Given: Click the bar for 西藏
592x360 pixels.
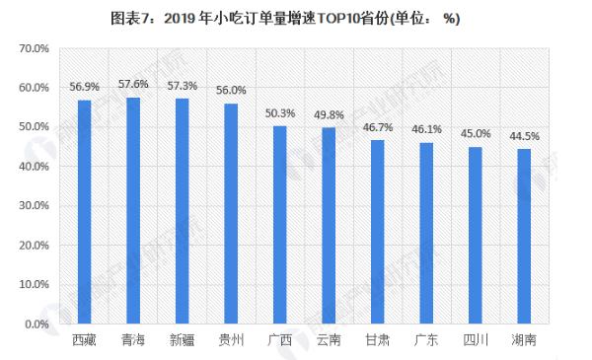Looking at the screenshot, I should [x=85, y=211].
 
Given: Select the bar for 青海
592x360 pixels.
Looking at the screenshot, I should [x=133, y=210].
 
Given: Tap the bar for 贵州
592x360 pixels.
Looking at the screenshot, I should [x=231, y=213].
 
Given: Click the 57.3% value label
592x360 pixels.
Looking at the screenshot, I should [x=183, y=88].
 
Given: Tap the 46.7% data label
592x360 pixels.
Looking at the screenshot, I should [x=377, y=128].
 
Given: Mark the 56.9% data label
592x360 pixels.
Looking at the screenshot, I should [x=85, y=86].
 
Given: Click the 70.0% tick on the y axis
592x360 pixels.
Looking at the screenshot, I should [x=35, y=48].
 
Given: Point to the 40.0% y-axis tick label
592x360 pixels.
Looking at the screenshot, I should [x=35, y=166].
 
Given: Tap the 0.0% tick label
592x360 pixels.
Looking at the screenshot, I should [x=37, y=324].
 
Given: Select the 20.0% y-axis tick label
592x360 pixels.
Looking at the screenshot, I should [x=35, y=245].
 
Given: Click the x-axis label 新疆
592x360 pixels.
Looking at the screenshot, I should [x=183, y=340].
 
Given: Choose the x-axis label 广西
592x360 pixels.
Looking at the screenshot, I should [x=280, y=340].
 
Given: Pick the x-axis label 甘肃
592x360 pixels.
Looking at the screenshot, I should [x=377, y=340].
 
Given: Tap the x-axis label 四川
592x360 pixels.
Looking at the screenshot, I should [x=475, y=340].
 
